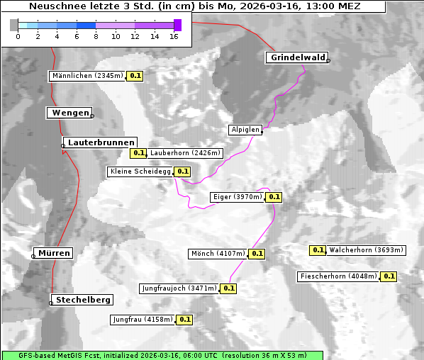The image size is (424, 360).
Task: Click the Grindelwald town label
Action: [297, 57]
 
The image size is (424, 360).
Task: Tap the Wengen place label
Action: [69, 113]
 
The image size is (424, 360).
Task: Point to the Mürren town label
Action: [54, 253]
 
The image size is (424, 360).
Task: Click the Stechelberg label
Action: [84, 300]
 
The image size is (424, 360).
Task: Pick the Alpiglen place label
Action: [245, 130]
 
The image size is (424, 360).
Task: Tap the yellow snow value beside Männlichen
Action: [135, 75]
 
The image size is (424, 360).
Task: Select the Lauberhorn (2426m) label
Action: [186, 152]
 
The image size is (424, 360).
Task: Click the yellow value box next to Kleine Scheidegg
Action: [183, 171]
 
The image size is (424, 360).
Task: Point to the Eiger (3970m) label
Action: [238, 197]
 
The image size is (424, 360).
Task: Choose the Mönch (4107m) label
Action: [218, 253]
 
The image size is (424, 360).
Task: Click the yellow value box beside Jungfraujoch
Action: [229, 288]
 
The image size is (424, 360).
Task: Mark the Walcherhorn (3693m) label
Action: [366, 249]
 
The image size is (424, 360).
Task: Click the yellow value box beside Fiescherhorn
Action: [389, 276]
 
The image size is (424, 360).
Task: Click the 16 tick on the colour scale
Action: [174, 36]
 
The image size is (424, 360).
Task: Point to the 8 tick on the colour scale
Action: [96, 36]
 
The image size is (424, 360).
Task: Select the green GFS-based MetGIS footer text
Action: [162, 355]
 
